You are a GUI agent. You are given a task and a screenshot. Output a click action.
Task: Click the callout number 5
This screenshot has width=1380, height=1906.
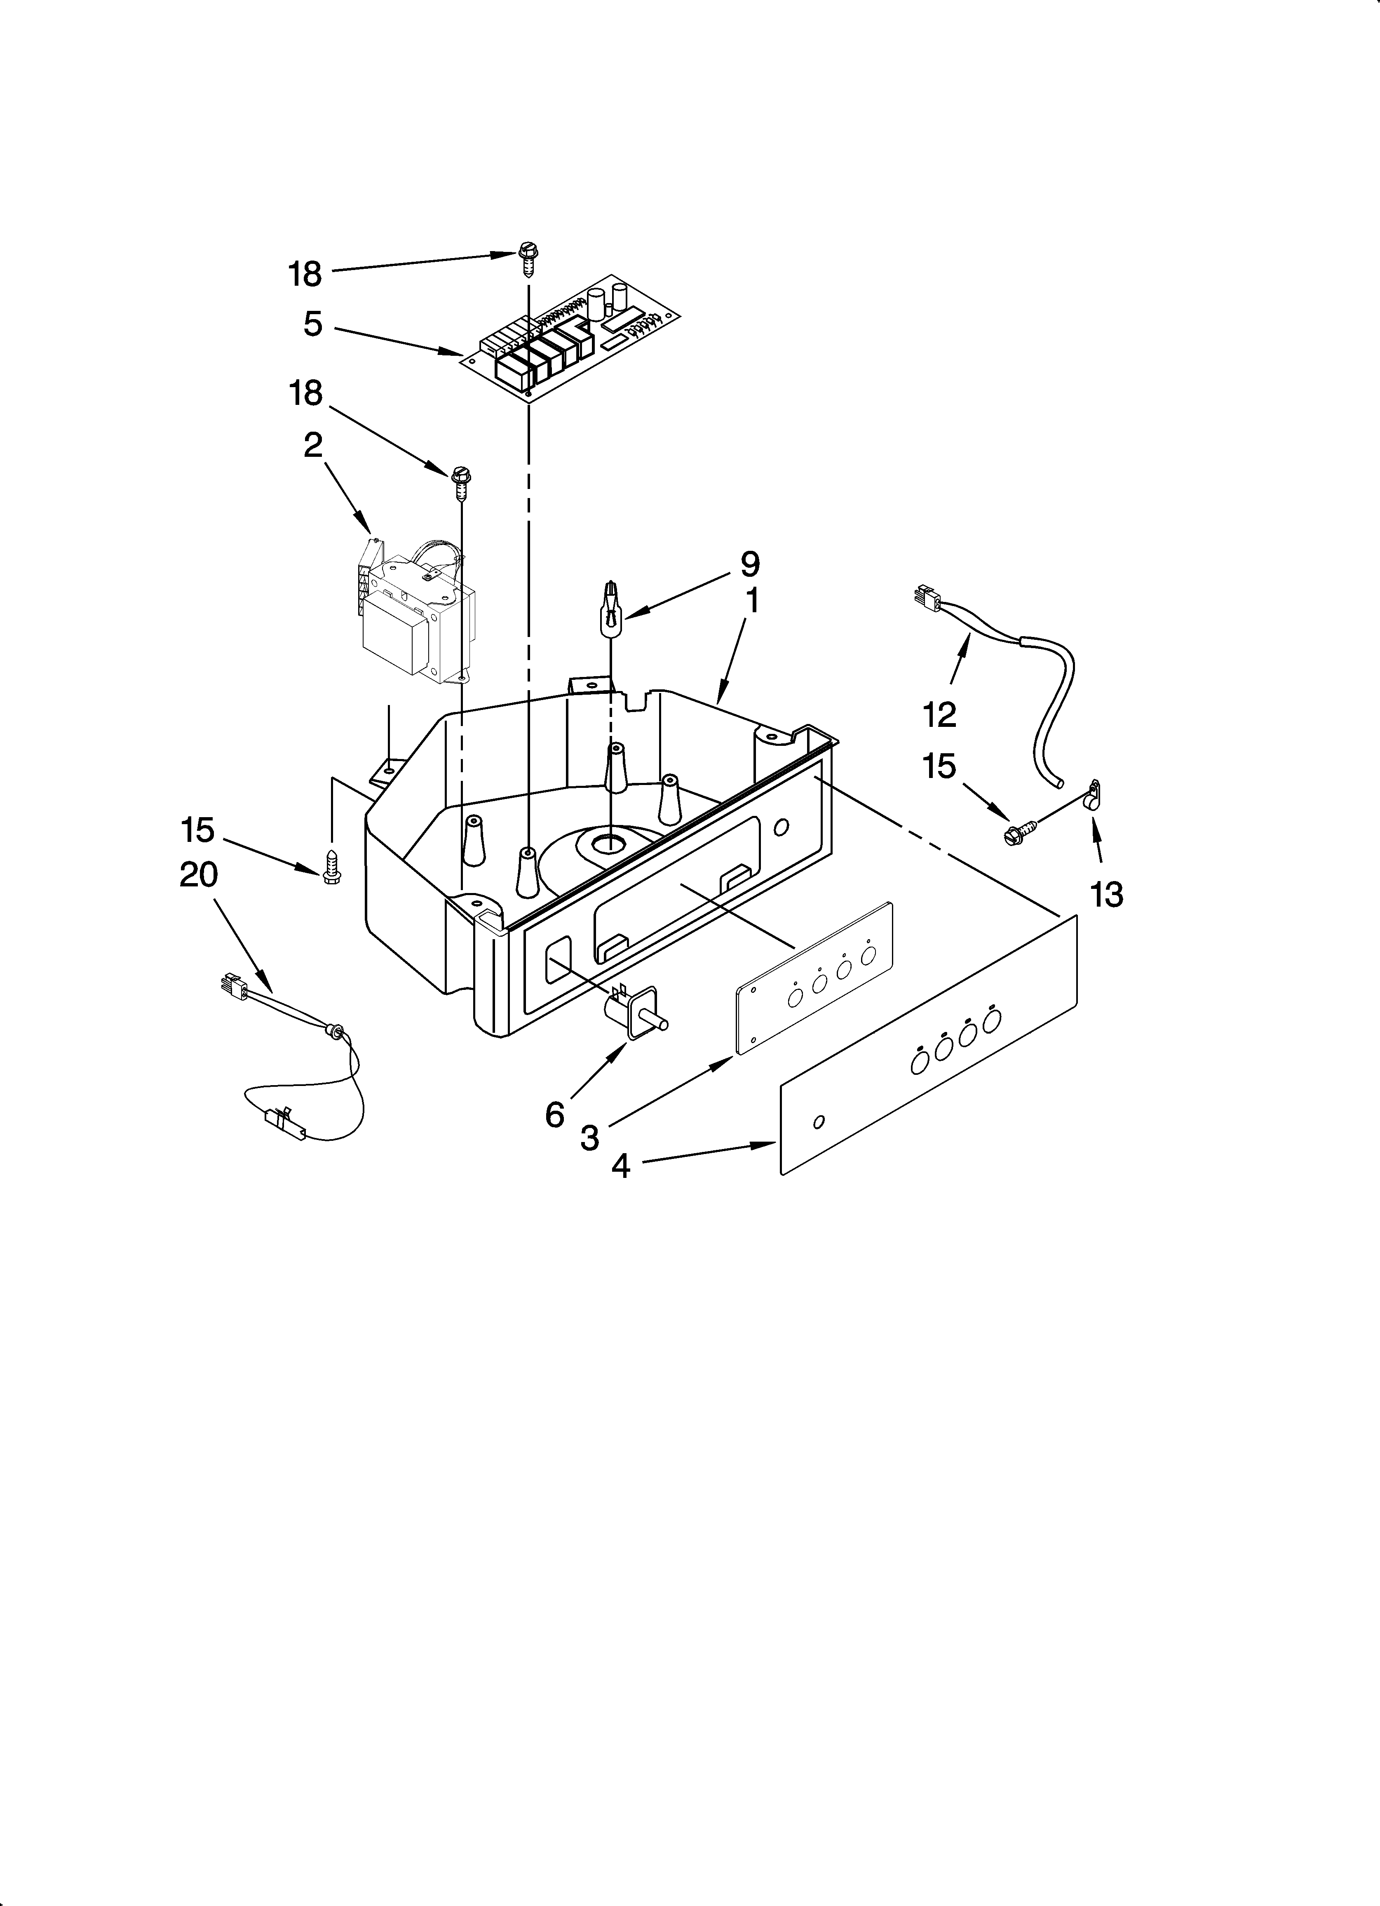[x=312, y=324]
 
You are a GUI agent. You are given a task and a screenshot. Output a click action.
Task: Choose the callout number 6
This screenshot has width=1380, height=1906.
[x=555, y=1115]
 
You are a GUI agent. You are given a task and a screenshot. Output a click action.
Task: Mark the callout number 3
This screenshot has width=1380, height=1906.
[x=590, y=1139]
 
